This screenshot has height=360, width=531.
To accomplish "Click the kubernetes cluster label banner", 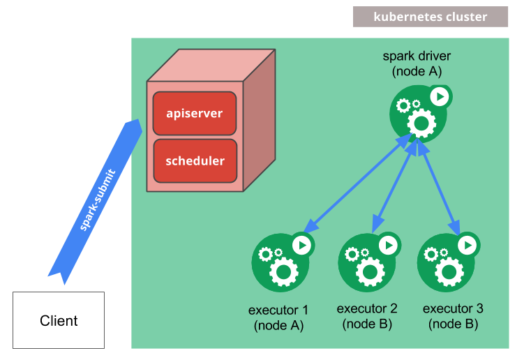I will [430, 17].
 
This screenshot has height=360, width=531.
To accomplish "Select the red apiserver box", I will [195, 112].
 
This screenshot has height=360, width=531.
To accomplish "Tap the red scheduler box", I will [195, 160].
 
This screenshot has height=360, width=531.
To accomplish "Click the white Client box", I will [59, 321].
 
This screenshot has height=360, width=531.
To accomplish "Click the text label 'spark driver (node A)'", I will [417, 63].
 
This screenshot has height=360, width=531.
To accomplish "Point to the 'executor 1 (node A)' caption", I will [278, 317].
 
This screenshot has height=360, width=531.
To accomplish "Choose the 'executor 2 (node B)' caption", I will [367, 316].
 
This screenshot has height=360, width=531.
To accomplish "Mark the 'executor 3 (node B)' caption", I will [453, 316].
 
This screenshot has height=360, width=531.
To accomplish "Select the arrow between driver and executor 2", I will [395, 185].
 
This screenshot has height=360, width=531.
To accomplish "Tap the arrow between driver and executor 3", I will [439, 185].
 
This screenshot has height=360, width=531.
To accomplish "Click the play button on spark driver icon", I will [439, 96].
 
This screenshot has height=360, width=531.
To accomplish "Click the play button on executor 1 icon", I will [301, 245].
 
